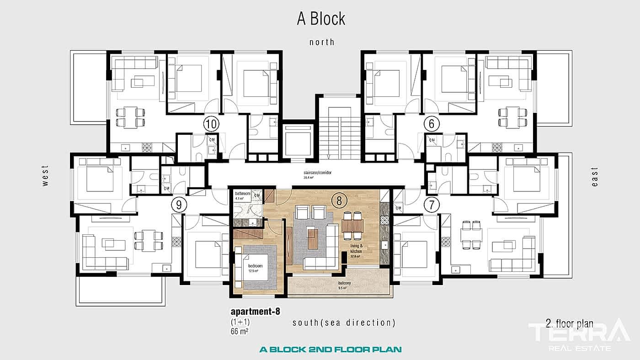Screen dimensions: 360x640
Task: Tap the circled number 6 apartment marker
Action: click(x=432, y=123)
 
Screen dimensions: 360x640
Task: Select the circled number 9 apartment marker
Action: click(x=177, y=204)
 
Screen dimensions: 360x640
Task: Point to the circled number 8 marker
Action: click(x=339, y=200)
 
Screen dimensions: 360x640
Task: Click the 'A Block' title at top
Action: click(x=321, y=19)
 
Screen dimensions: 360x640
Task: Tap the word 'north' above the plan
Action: click(x=322, y=42)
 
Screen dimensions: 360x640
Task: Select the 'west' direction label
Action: click(x=45, y=175)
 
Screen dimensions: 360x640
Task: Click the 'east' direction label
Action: click(x=594, y=176)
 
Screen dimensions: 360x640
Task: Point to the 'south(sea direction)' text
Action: click(x=344, y=323)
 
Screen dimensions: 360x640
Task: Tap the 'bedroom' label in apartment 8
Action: click(x=255, y=265)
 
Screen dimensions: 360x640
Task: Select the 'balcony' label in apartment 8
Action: click(x=344, y=284)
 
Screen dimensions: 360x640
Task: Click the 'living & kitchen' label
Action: click(x=356, y=249)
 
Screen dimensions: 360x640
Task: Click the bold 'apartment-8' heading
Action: click(x=255, y=312)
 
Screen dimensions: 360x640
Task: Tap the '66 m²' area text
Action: click(x=240, y=331)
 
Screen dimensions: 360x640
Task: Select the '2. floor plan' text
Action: click(x=569, y=324)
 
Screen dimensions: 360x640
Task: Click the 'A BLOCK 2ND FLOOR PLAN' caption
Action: click(x=330, y=349)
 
